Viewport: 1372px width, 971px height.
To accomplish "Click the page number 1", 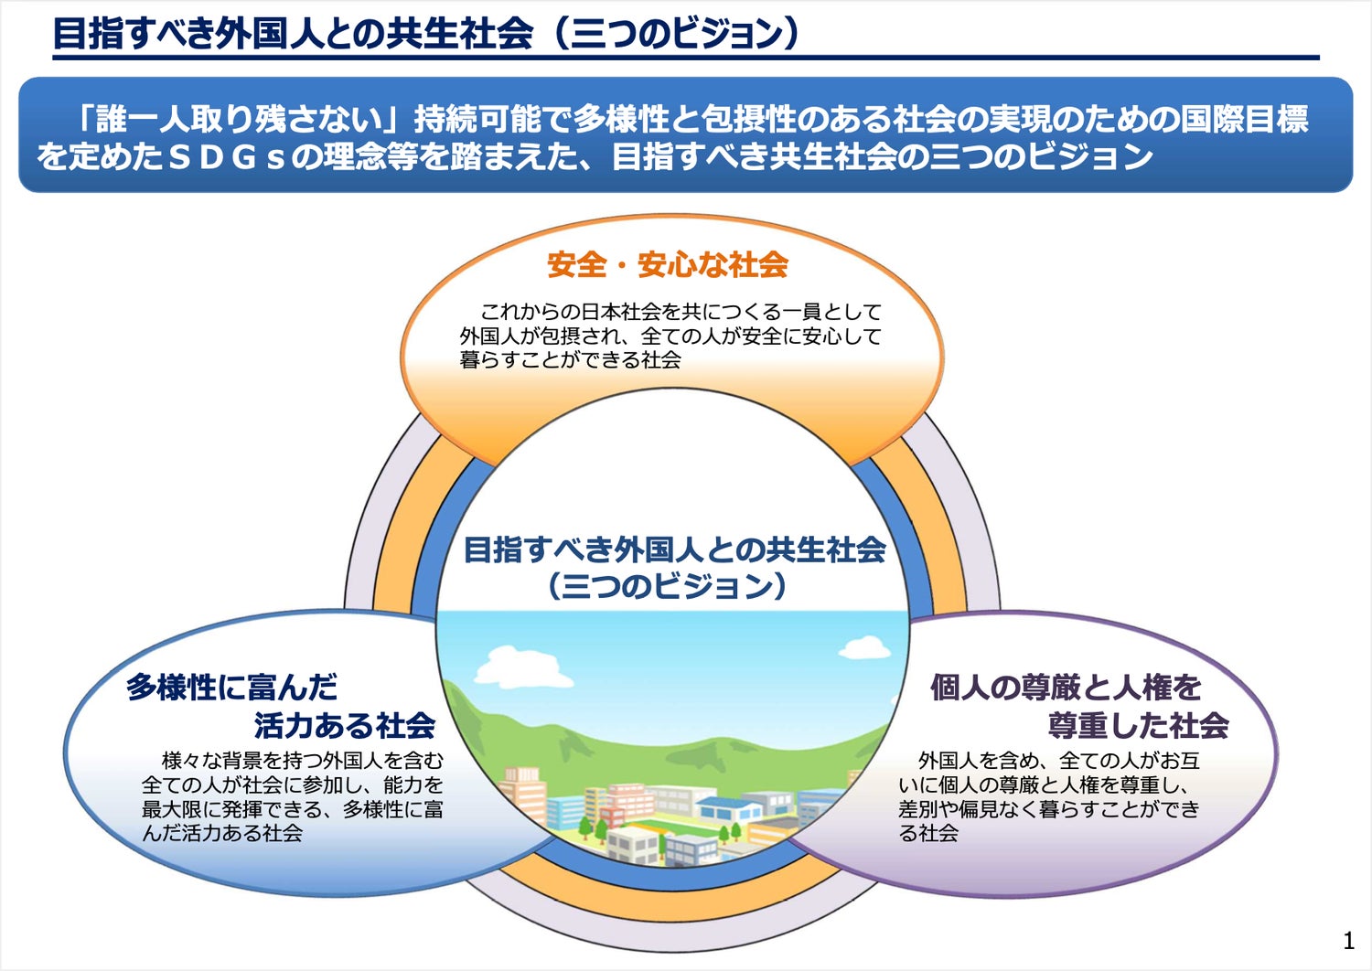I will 1348,941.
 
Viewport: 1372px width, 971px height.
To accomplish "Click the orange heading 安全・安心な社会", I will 668,265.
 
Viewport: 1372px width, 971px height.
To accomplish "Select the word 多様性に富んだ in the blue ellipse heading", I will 231,687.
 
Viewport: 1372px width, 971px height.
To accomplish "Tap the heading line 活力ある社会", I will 344,725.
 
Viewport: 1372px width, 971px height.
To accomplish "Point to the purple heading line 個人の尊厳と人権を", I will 1066,687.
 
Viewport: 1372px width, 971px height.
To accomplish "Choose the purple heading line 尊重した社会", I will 1138,725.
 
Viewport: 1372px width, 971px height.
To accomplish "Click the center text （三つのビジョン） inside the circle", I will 668,585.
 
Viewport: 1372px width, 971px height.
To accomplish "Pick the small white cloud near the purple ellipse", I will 864,647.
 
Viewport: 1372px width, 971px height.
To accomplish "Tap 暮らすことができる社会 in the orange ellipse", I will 570,360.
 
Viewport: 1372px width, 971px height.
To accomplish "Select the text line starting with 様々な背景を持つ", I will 302,760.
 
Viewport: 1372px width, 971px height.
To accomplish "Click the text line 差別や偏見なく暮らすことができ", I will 1048,808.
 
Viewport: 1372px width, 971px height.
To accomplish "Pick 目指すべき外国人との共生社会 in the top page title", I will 293,34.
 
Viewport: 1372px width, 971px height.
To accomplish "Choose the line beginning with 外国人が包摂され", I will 670,336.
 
